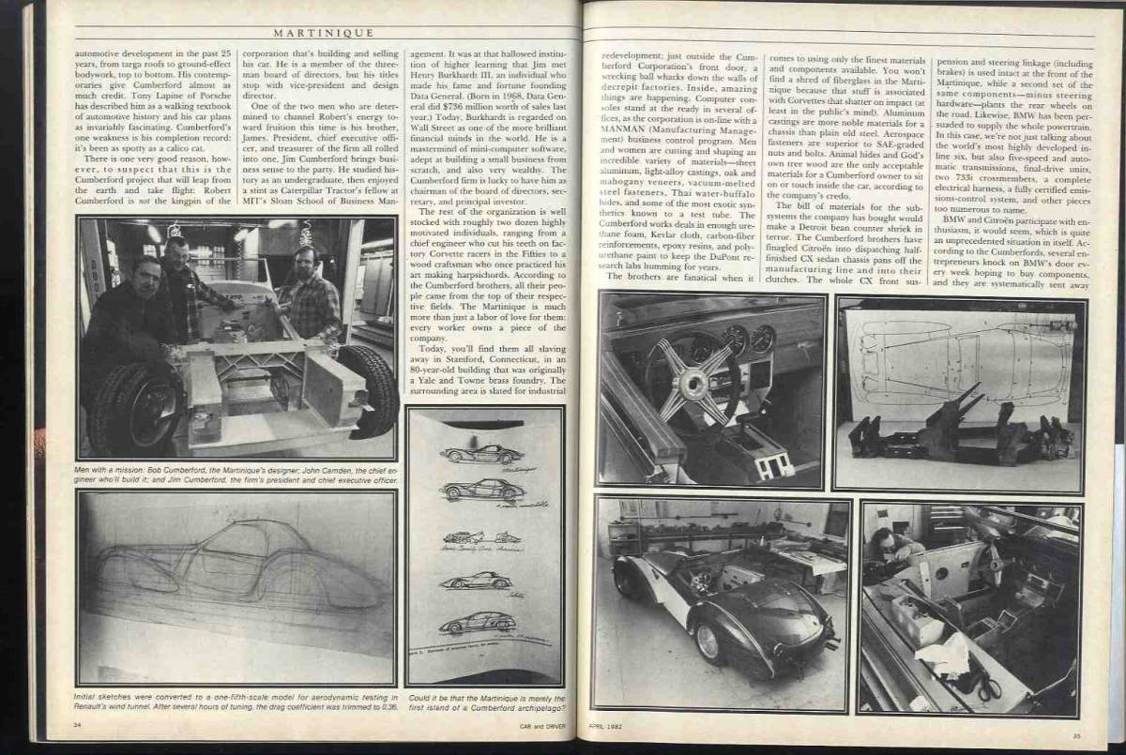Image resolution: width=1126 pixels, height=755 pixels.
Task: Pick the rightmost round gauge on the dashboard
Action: pos(763,338)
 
